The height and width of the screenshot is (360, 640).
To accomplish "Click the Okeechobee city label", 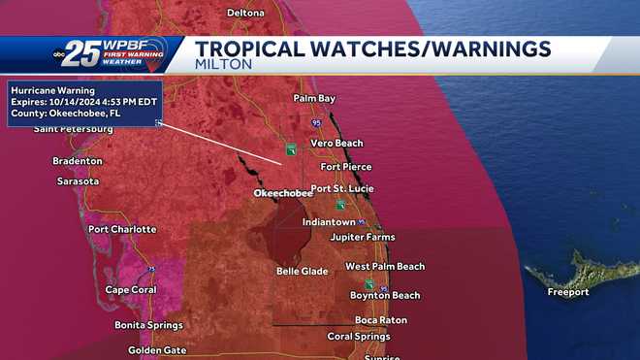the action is click(x=282, y=194).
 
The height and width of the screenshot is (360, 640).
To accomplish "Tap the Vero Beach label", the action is click(x=336, y=144).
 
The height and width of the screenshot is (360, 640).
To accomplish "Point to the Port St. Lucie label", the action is click(x=341, y=188).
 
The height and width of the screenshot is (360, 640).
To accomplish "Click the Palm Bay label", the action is click(x=314, y=99).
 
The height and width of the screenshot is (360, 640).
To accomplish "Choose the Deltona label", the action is click(x=245, y=13).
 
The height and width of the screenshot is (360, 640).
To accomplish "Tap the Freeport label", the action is click(x=567, y=292).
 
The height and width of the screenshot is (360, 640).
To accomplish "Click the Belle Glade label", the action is click(x=303, y=271).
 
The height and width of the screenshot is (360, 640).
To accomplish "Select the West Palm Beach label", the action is click(x=385, y=266).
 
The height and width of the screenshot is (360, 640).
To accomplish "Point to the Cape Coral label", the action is click(x=131, y=289).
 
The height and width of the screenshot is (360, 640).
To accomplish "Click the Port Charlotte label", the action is click(x=122, y=229).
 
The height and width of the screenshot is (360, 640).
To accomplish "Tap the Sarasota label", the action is click(x=79, y=181).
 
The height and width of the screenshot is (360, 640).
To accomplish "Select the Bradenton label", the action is click(x=78, y=160).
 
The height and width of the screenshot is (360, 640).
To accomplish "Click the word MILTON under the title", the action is click(x=223, y=64).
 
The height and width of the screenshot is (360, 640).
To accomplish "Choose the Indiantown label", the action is click(x=329, y=221).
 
